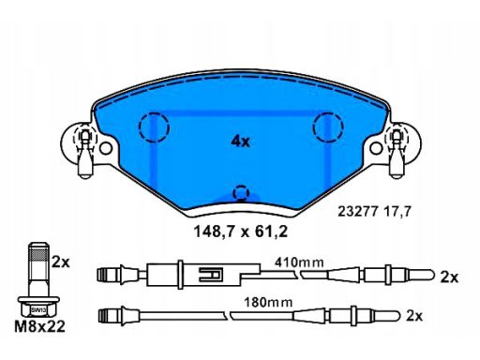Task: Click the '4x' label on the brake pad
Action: pos(241,142)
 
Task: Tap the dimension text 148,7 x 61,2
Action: pos(241,232)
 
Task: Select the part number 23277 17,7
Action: pos(374,212)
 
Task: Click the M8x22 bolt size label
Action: pos(40,326)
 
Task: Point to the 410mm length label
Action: pos(299,262)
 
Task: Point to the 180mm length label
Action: pos(268,302)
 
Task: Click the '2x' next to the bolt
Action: pos(61,262)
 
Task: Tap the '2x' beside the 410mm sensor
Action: pos(449,277)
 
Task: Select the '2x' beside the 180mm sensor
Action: pos(414,316)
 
